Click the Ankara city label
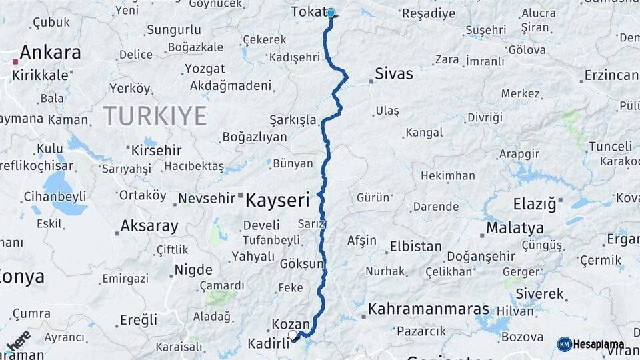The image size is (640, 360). click(x=51, y=53)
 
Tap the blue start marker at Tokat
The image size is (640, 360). click(x=331, y=13)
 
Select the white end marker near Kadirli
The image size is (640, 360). click(x=292, y=335)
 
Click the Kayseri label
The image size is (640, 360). click(x=278, y=199)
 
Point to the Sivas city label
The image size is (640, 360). click(x=394, y=73)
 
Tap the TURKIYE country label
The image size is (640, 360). click(x=155, y=117)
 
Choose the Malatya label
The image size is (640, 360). click(x=515, y=228)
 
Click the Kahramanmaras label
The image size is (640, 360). click(x=429, y=309)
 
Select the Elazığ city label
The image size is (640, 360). click(x=535, y=204)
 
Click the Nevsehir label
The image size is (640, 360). click(x=207, y=198)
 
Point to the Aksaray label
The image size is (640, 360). click(x=149, y=226)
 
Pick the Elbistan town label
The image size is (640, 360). click(x=415, y=246)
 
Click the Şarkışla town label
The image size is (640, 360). click(x=293, y=120)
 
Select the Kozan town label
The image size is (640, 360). click(x=291, y=324)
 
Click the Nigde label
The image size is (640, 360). click(x=193, y=270)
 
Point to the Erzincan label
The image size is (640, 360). click(x=611, y=75)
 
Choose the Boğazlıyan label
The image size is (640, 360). click(x=254, y=137)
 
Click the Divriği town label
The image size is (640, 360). click(x=485, y=118)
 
